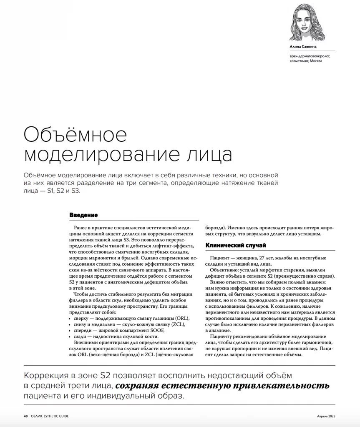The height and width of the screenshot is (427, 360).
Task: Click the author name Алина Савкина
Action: coord(303,47)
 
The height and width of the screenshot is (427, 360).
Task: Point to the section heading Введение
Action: coord(83,215)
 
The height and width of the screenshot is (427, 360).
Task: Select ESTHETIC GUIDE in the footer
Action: coord(55,416)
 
